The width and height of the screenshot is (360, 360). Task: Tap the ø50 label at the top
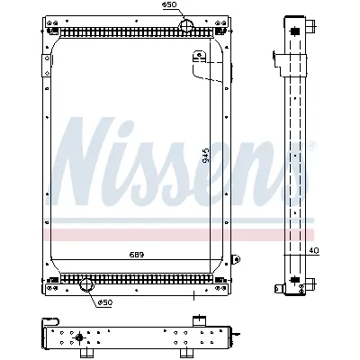pos(168,5)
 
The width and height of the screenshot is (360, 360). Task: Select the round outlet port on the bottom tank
pos(88,285)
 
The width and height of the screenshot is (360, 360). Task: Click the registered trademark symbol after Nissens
pos(311,145)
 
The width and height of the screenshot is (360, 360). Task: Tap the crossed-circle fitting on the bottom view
pos(79,338)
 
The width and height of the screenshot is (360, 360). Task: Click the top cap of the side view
pos(293,21)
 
